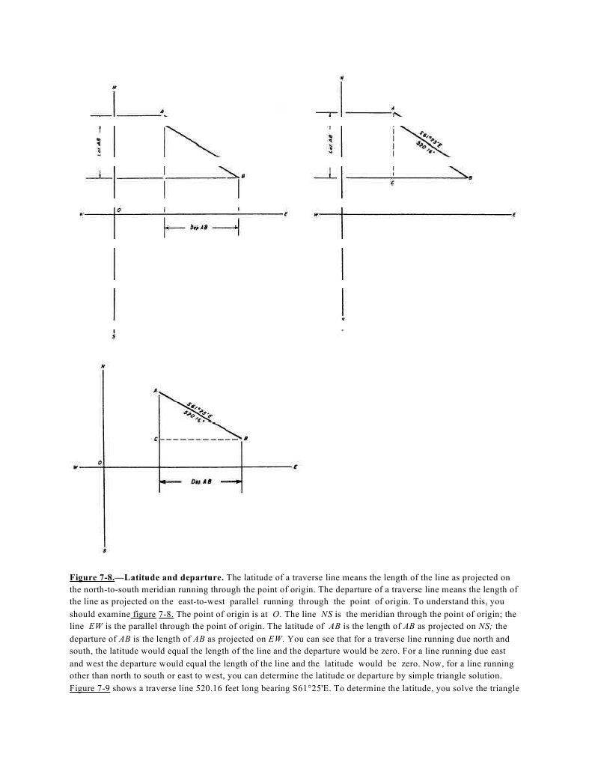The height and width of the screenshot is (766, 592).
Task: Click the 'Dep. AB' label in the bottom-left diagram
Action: point(200,483)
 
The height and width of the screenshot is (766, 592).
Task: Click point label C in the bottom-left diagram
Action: point(155,440)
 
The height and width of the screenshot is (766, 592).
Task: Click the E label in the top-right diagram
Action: point(515,215)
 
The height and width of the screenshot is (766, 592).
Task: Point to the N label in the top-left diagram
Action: point(114,88)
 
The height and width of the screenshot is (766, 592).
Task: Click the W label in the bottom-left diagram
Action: point(75,468)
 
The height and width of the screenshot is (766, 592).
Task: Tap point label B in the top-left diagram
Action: point(242,176)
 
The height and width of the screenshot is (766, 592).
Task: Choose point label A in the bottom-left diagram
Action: point(155,391)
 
